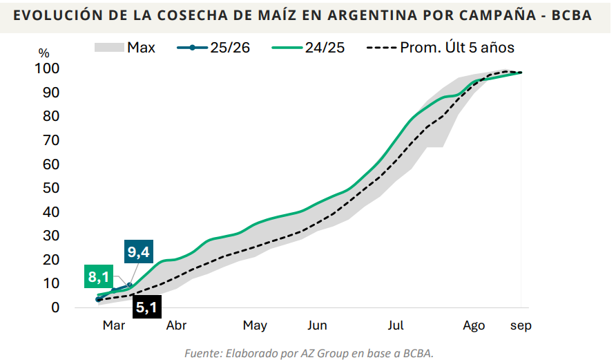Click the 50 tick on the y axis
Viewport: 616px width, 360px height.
[51, 188]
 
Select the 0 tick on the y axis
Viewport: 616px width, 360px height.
[56, 307]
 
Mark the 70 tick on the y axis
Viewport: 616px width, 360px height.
[51, 140]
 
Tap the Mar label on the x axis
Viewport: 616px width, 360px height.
[114, 325]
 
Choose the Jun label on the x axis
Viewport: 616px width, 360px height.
[317, 325]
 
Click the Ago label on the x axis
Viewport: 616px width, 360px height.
[474, 325]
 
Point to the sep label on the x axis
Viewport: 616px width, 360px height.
[521, 325]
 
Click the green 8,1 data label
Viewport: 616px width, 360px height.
[99, 278]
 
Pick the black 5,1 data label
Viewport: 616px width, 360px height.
[146, 307]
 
